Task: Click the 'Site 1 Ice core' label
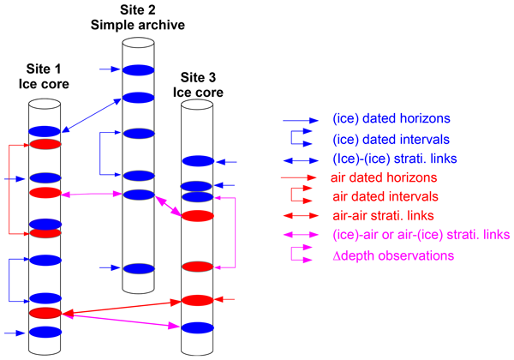point(45,77)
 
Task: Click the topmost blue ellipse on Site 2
point(137,69)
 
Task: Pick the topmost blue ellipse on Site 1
point(45,130)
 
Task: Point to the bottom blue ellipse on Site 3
point(197,327)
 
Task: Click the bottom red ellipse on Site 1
point(45,313)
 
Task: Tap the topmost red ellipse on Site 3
point(197,215)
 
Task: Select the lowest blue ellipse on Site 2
point(137,267)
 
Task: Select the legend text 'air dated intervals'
point(379,196)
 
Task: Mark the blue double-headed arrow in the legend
point(301,158)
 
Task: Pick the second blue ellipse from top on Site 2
point(137,97)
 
